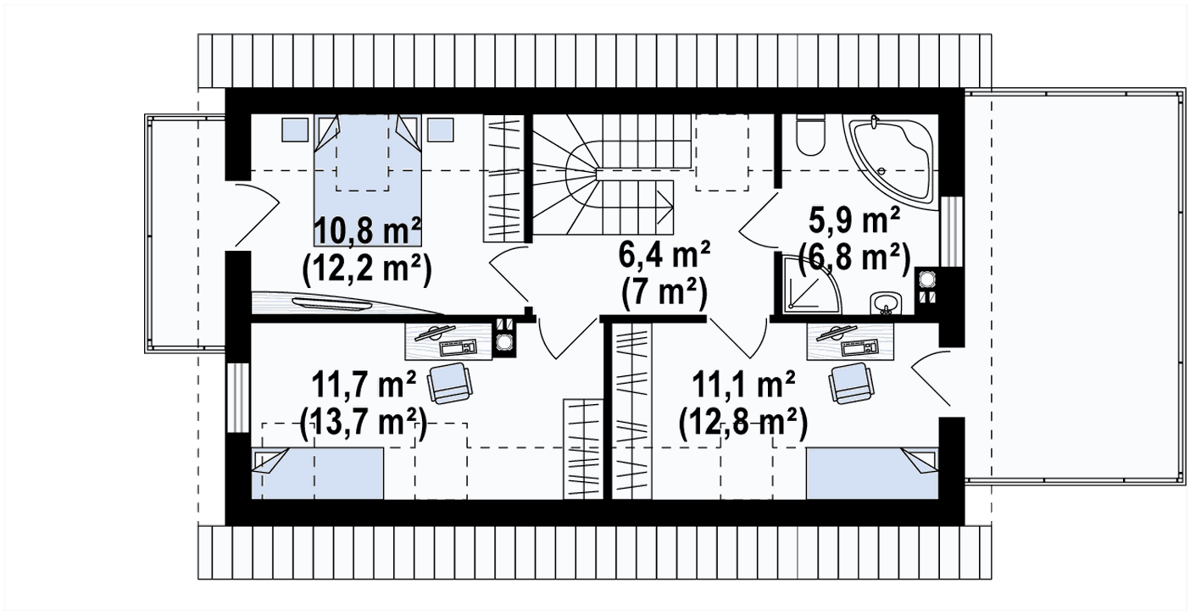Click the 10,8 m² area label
[x=368, y=231]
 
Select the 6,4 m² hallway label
[x=664, y=256]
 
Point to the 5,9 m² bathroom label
[x=854, y=220]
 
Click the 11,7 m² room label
[x=364, y=385]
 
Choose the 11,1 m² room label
[x=743, y=385]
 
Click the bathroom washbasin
[x=886, y=302]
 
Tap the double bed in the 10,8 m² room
[x=368, y=180]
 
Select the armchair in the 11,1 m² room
[x=851, y=384]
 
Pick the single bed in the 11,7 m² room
[x=317, y=474]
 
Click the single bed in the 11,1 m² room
[x=872, y=474]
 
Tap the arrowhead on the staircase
[x=664, y=207]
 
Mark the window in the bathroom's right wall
[x=952, y=231]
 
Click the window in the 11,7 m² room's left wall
[x=237, y=398]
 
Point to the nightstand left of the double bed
[x=295, y=130]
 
